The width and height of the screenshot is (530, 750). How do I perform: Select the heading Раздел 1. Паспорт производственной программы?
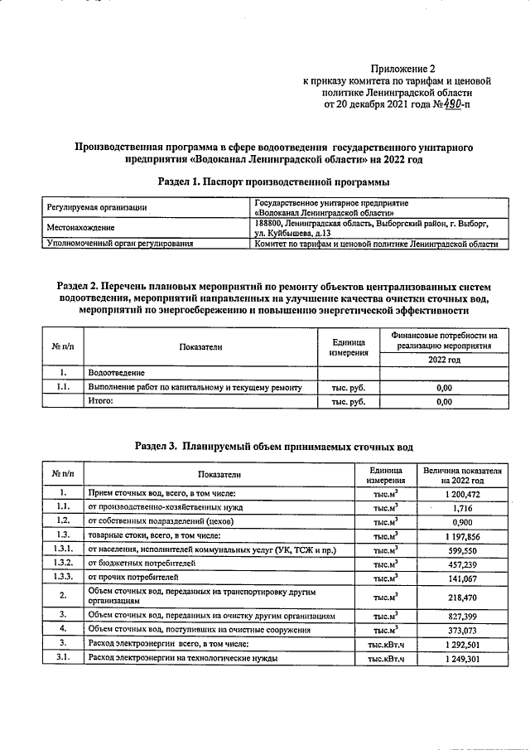(272, 181)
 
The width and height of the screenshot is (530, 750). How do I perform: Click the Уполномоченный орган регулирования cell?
(120, 244)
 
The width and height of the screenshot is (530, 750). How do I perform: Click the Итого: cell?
(100, 401)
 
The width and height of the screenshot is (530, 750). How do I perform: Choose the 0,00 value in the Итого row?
(444, 401)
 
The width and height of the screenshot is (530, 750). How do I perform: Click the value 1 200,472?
(462, 493)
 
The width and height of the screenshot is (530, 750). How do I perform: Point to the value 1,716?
(462, 506)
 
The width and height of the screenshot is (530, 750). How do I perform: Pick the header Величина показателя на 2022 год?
(462, 475)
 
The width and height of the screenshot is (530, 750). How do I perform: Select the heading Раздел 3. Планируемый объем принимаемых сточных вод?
(272, 446)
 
